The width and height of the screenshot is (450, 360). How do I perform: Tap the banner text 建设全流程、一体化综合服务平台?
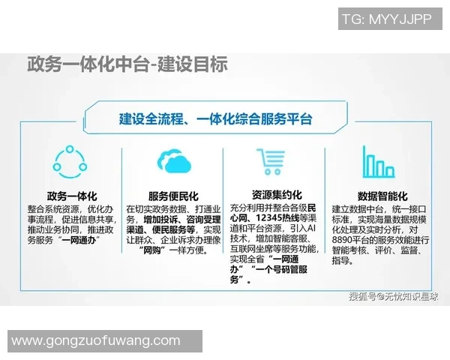(216, 119)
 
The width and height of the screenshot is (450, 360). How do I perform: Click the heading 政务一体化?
(71, 193)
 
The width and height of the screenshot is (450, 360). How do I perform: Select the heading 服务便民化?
(174, 193)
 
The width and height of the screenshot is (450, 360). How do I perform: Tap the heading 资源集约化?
(276, 193)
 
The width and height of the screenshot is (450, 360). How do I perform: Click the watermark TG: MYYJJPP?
(386, 19)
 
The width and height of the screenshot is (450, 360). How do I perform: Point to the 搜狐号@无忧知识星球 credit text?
(391, 296)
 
